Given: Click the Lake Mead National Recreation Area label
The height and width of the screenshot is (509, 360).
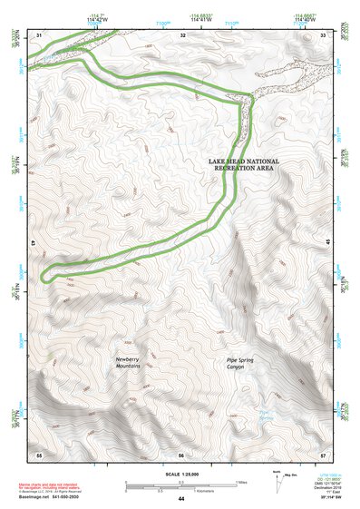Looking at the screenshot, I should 243,165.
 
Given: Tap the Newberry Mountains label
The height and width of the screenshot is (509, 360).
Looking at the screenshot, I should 133,364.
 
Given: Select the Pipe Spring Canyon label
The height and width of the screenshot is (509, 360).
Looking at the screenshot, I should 244,364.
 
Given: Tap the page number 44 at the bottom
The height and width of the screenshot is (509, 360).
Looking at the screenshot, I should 180,499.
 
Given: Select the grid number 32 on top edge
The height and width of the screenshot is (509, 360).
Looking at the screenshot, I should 182,34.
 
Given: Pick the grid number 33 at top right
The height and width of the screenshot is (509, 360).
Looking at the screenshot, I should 324,34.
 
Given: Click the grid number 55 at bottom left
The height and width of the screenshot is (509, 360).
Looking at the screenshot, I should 39,454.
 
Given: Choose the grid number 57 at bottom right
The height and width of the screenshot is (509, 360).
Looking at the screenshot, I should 323,454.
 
